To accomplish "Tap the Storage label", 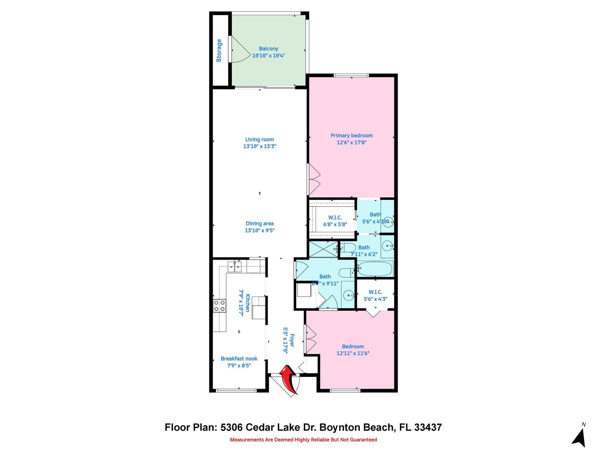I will pos(219,51).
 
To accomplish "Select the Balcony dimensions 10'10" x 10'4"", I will pos(269,55).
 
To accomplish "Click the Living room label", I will pos(260,140).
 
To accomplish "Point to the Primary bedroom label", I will pos(352,136).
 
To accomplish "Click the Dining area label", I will pos(260,224).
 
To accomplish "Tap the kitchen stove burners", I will pos(219,306).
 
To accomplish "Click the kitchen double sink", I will pos(235,267).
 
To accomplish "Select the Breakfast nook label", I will pos(239,359).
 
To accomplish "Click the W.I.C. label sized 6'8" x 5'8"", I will pos(335,218).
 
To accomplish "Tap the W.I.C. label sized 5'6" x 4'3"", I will pos(376,292).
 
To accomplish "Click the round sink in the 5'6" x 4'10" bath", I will pos(388,222).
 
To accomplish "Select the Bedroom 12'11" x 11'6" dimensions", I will pos(353,353).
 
